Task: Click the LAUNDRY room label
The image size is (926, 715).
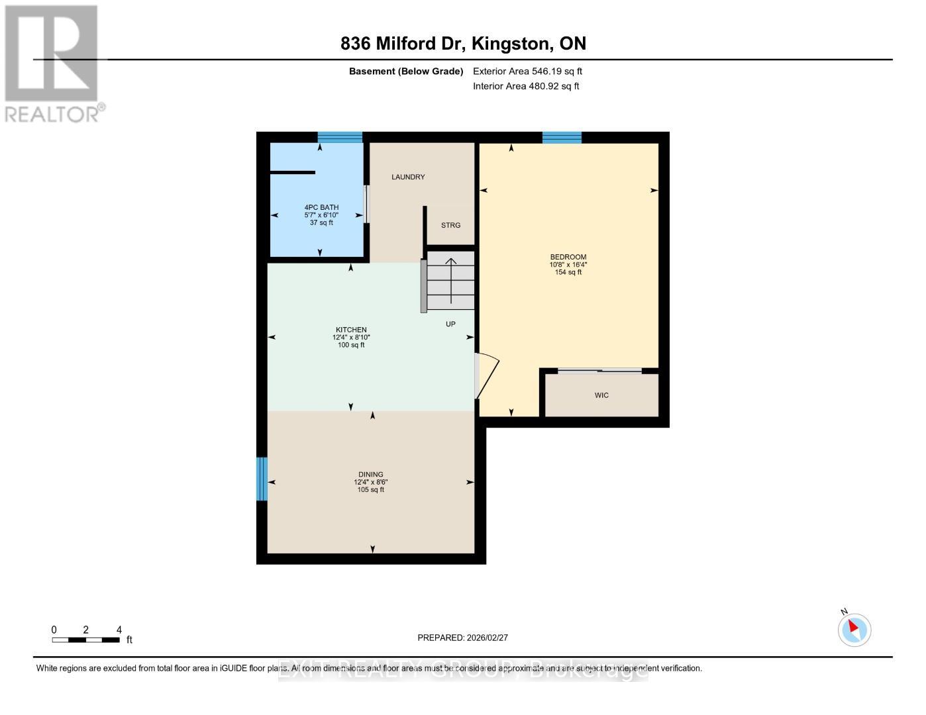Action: tap(408, 177)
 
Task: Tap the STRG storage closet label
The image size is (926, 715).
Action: tap(450, 225)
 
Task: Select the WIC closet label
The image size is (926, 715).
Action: tap(601, 395)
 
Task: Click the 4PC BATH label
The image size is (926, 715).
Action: tap(321, 207)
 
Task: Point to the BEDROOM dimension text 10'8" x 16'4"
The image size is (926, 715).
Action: tap(568, 265)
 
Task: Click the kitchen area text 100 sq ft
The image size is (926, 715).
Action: tap(351, 345)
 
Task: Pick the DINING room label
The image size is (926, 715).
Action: tap(371, 474)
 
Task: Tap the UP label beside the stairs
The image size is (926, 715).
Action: tap(450, 324)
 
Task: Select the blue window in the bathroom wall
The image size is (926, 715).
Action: tap(340, 138)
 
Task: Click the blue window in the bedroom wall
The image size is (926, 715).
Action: tap(562, 138)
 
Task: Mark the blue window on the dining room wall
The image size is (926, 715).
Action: tap(262, 479)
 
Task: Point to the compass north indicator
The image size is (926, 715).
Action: tap(854, 629)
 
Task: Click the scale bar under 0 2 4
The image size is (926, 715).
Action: tap(86, 640)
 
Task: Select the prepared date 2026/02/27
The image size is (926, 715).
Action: tap(462, 638)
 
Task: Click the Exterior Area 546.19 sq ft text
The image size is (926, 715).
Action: tap(527, 71)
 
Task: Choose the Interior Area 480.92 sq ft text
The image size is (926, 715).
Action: tap(526, 86)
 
